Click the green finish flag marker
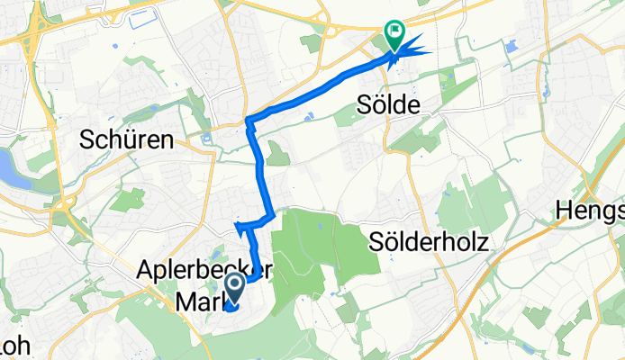pyautogui.click(x=394, y=33)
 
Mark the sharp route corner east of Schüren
pyautogui.click(x=248, y=120)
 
